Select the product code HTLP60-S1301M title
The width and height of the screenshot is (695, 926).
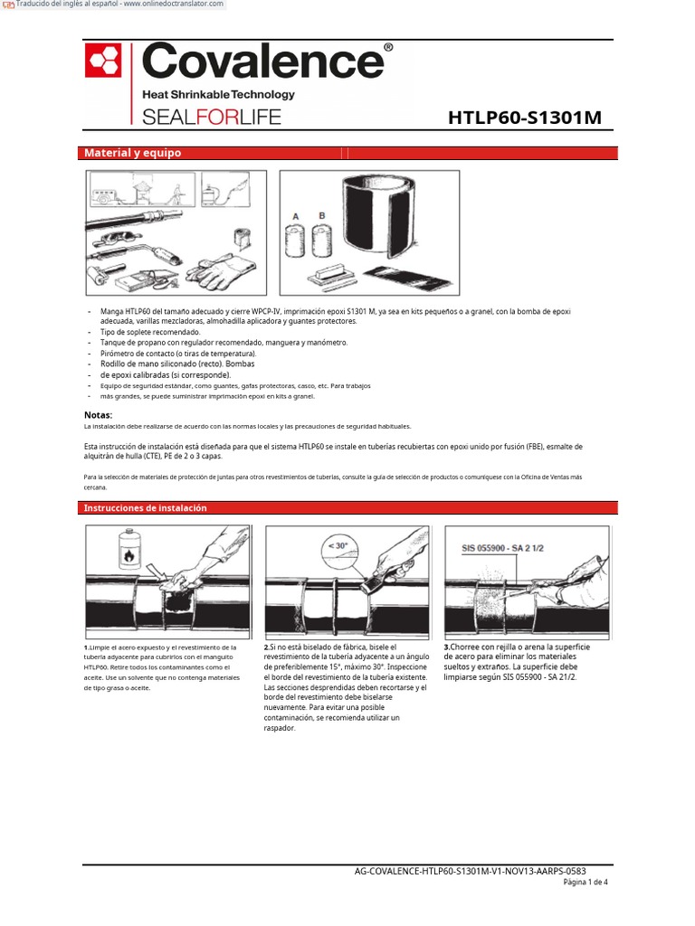(525, 118)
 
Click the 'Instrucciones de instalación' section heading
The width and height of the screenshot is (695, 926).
(146, 508)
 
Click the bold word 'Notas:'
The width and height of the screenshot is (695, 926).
(98, 414)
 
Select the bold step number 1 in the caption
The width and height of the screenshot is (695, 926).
(86, 647)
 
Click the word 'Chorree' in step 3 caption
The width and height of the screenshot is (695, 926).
(464, 647)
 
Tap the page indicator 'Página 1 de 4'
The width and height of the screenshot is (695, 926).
(586, 882)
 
